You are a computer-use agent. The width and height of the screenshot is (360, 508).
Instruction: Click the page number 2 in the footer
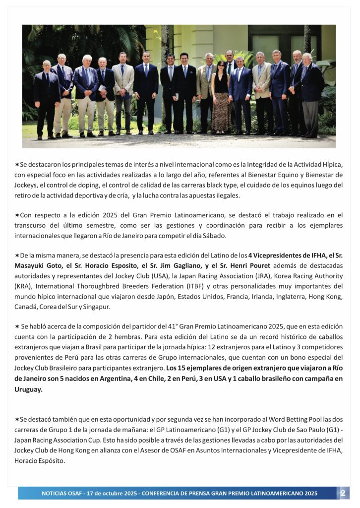click(x=343, y=493)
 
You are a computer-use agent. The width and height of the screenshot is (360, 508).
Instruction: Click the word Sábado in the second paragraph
click(x=215, y=235)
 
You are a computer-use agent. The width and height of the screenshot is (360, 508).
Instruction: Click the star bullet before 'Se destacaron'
click(x=17, y=164)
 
